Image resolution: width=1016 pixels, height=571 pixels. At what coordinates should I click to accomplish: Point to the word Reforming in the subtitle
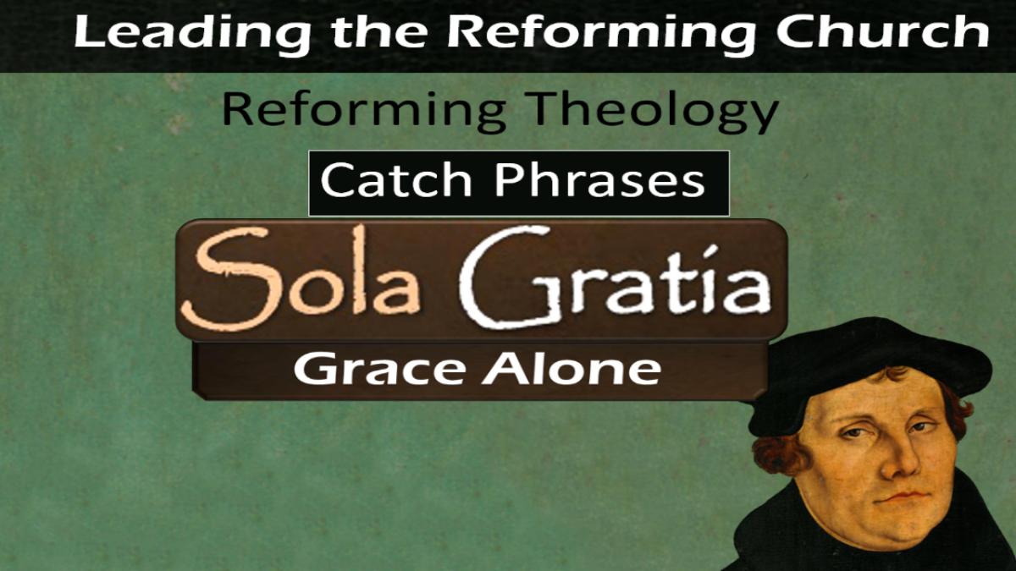tap(364, 111)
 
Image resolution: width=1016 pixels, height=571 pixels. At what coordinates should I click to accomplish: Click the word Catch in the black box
tap(396, 180)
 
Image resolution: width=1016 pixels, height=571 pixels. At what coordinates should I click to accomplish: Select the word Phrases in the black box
tap(599, 180)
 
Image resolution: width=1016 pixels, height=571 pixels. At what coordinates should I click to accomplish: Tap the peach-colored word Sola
tap(300, 277)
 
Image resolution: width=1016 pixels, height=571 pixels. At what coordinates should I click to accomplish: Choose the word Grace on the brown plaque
tap(379, 369)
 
